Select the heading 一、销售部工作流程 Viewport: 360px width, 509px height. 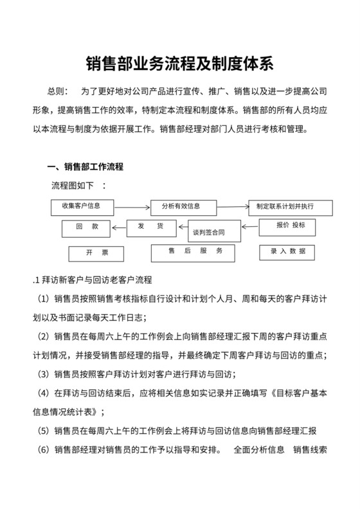point(85,167)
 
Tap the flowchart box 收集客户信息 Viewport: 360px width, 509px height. point(82,207)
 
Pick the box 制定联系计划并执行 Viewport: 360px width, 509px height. point(291,208)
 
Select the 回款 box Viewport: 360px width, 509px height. point(91,228)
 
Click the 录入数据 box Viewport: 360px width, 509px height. point(287,252)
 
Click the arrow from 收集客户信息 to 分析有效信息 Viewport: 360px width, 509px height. point(132,208)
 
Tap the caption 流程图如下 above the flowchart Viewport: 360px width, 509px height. point(72,186)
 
